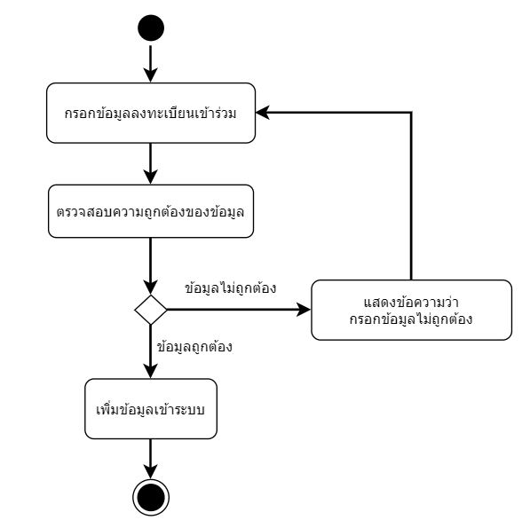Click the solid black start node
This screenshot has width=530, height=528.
[151, 28]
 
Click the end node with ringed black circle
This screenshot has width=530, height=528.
[151, 497]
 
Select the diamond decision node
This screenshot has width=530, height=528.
[151, 310]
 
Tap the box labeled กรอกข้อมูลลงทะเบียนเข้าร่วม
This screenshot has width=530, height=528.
[151, 113]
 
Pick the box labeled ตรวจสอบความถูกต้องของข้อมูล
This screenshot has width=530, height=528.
[151, 211]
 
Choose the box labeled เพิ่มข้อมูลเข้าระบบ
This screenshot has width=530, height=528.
[151, 409]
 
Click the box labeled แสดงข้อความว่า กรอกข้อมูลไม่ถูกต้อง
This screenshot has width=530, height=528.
[411, 310]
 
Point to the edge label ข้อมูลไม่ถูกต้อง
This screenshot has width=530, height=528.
[231, 288]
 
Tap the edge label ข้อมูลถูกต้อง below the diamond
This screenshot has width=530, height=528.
[194, 347]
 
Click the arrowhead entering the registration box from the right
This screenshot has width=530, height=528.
[262, 112]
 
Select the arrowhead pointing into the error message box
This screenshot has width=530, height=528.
[304, 309]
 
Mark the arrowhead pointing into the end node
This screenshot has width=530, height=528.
[151, 472]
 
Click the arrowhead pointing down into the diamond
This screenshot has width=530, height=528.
[151, 288]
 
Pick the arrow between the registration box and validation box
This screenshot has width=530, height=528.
[151, 164]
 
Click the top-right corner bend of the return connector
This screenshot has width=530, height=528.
[411, 112]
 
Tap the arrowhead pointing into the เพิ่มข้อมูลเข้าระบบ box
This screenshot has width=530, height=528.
[151, 371]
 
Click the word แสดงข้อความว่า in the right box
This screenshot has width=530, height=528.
[411, 302]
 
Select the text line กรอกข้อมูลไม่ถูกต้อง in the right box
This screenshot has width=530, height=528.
[411, 319]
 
